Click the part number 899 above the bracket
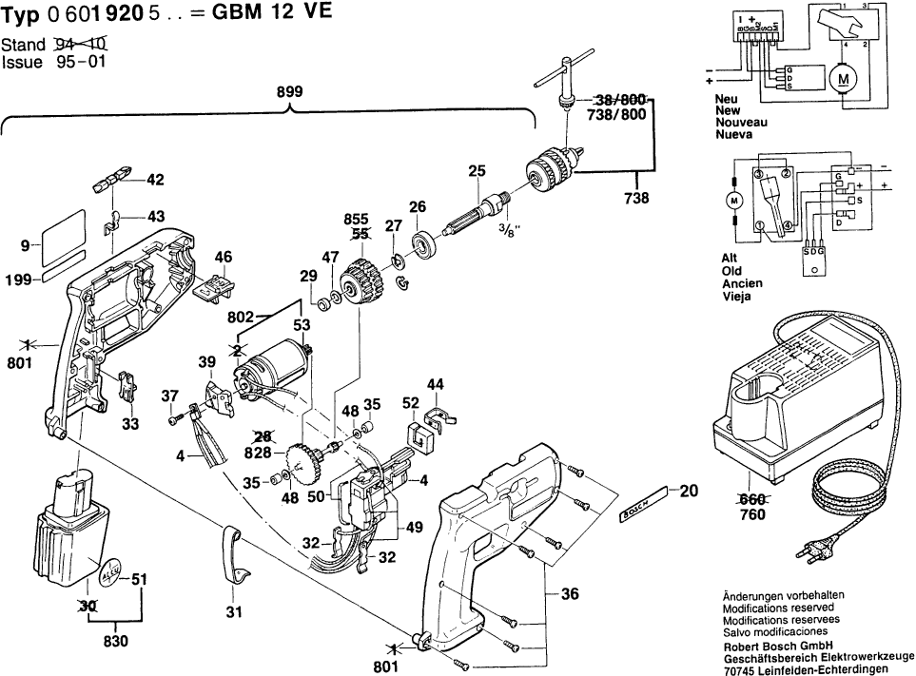click(x=289, y=92)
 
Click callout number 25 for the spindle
click(x=477, y=171)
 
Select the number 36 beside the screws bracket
click(x=570, y=594)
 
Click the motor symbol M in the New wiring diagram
click(x=842, y=79)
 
